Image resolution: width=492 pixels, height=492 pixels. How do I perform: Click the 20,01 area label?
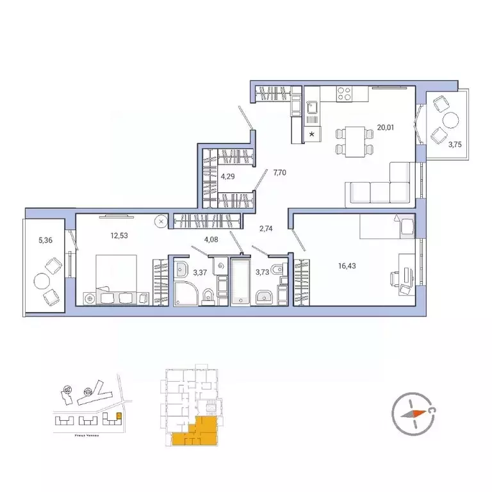(385, 127)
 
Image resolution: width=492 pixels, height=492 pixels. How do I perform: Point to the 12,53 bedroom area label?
(117, 236)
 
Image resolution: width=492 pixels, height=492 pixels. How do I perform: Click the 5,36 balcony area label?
(45, 241)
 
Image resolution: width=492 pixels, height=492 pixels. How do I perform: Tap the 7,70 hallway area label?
(279, 173)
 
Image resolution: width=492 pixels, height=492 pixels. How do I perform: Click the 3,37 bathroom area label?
(201, 272)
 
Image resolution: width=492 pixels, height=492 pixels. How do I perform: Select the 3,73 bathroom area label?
(263, 272)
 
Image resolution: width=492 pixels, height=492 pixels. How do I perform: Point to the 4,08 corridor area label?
(211, 241)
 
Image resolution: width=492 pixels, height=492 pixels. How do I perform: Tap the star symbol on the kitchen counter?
(313, 134)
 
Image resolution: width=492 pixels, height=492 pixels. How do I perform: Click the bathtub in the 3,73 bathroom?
(240, 282)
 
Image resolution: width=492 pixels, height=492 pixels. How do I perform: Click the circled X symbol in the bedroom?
(161, 220)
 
